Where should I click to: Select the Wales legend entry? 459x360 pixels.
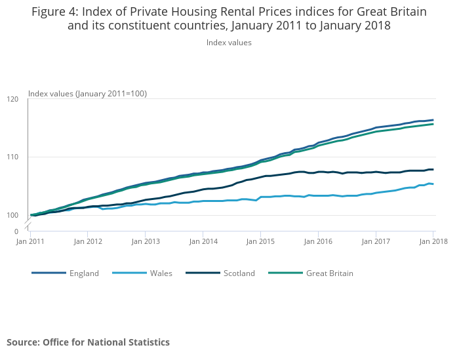(x=161, y=273)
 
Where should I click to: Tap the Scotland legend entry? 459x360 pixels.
(x=239, y=273)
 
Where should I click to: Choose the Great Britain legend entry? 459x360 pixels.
(x=329, y=273)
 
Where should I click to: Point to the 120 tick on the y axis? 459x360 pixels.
(x=12, y=99)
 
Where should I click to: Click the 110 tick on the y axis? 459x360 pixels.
(x=12, y=157)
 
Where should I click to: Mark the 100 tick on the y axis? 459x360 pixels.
(x=12, y=215)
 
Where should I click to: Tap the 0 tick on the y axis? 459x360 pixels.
(x=16, y=231)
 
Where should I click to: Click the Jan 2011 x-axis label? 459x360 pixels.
(x=30, y=241)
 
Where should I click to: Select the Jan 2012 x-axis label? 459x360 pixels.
(x=88, y=241)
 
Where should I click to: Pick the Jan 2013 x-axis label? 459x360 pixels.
(x=146, y=241)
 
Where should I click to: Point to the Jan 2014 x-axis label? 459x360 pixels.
(x=203, y=241)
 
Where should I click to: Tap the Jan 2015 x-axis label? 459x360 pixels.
(x=260, y=241)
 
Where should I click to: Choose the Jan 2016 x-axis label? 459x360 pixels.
(x=318, y=241)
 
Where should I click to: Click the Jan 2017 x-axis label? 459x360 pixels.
(x=376, y=241)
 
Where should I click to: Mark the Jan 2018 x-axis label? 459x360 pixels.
(x=433, y=241)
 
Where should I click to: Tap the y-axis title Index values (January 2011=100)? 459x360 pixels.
(x=87, y=94)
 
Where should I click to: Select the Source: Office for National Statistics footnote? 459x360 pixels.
(x=88, y=342)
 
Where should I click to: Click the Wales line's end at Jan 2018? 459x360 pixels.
(x=433, y=184)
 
